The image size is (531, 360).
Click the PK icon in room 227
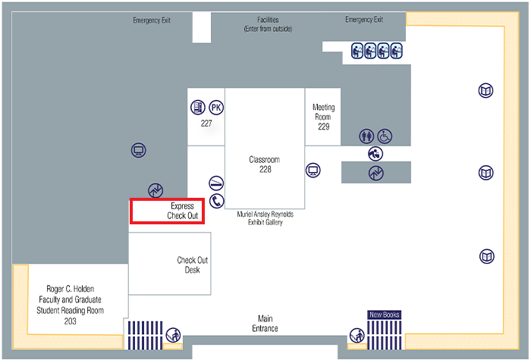(216, 108)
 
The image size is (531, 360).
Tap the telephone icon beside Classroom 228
(217, 201)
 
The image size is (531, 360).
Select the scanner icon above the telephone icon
(216, 183)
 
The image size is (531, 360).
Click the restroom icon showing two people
(367, 136)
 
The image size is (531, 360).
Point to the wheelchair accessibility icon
(385, 136)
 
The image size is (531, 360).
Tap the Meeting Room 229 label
(324, 117)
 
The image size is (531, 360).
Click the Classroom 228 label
(265, 164)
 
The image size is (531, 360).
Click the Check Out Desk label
(192, 265)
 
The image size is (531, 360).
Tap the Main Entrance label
(265, 323)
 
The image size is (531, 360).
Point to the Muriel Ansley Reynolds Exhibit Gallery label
(265, 218)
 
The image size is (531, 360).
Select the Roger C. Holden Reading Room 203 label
(70, 305)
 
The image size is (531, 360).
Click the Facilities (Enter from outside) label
(268, 24)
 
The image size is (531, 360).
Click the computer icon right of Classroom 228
(313, 170)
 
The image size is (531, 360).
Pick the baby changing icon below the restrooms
(375, 153)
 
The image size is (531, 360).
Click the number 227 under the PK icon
(206, 124)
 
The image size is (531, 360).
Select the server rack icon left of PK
(198, 108)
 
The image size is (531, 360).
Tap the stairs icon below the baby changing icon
(375, 173)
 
